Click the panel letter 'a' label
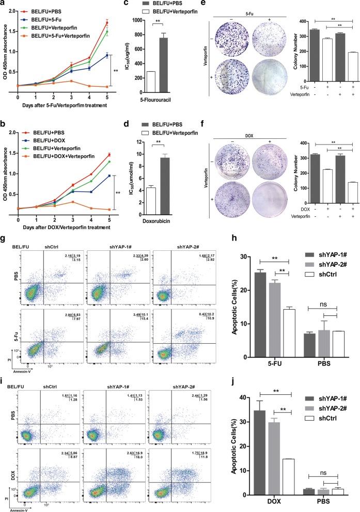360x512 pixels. click(4, 4)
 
